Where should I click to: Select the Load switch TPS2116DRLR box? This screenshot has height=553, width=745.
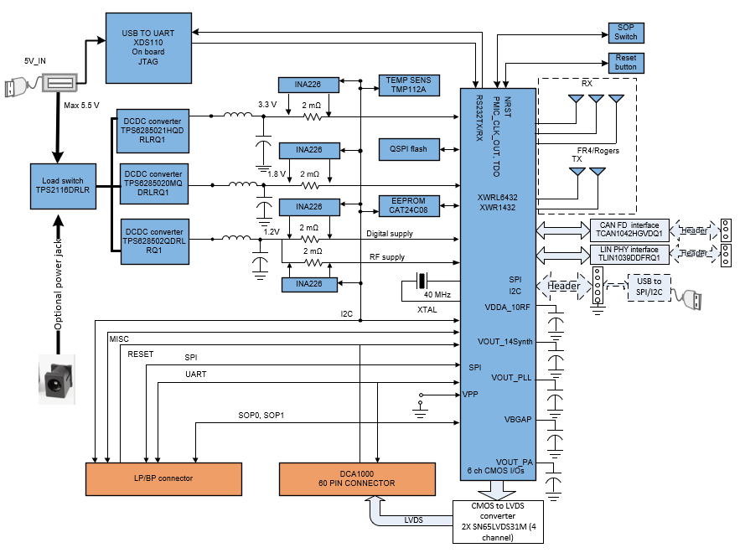tap(65, 185)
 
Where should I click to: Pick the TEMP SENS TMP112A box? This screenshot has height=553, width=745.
tap(406, 85)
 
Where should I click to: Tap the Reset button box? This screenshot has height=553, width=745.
tap(625, 63)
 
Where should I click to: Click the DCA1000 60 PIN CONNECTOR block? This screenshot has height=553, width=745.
tap(357, 478)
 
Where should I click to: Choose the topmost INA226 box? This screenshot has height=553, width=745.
tap(309, 85)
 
